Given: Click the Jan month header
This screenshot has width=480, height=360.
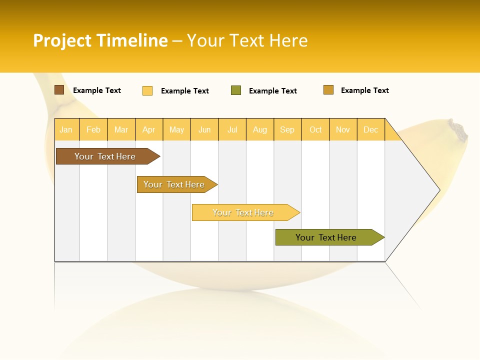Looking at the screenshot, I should point(66,130).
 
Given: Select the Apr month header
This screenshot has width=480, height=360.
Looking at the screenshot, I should point(148,130).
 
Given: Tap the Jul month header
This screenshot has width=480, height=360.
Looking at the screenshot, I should point(232,130).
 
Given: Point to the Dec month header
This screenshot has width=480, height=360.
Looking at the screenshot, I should point(370,130).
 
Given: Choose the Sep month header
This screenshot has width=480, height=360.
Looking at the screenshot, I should point(287,130).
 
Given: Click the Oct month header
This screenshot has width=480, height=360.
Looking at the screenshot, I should point(315,130).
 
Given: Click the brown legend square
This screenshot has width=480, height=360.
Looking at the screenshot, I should point(59,90).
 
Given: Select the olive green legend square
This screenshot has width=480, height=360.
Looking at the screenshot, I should point(236,90).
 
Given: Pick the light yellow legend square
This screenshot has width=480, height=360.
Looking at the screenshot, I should point(147,90).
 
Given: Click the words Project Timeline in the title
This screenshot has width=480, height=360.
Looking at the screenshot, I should point(100,40).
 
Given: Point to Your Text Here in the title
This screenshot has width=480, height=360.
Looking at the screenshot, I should point(247,40).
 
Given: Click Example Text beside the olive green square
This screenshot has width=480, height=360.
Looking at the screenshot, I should point(272,91).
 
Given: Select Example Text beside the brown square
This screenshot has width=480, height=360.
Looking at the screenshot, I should point(97,90).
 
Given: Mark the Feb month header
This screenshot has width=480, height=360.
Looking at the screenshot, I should point(93,130).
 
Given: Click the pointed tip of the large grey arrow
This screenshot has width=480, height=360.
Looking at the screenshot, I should point(439,190).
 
